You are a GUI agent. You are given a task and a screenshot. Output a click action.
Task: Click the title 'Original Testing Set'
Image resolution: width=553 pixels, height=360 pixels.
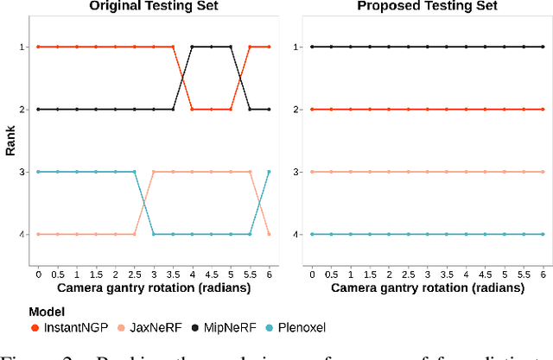coord(154,7)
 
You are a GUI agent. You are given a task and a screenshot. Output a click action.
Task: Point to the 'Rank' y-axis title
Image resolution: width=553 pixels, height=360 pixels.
coord(10,140)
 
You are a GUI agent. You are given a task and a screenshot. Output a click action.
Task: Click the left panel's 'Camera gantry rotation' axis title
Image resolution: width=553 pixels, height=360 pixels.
coord(154,287)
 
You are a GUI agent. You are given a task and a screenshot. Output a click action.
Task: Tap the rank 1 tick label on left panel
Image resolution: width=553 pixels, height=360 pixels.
coord(26,47)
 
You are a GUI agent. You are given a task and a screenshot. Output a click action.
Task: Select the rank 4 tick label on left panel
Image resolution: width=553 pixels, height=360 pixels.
coord(26,234)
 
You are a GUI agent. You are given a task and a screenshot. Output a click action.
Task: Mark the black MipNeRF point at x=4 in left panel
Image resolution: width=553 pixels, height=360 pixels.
coord(192,47)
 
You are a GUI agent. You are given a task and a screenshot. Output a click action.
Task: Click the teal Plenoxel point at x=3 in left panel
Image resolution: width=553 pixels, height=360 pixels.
coord(154,234)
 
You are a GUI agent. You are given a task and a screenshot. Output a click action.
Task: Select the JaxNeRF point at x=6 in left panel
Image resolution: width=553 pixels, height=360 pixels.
coord(269,234)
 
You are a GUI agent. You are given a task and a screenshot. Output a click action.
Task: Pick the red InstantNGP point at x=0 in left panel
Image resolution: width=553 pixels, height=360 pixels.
coord(39,47)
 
